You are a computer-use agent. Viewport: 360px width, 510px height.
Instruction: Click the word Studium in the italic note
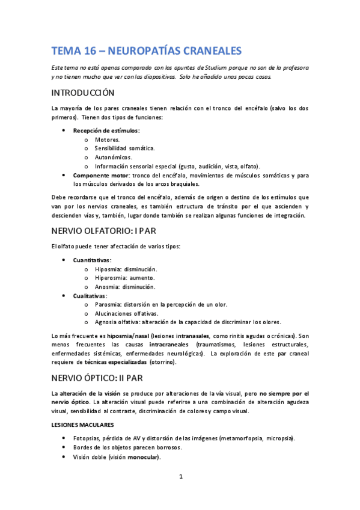tap(228, 67)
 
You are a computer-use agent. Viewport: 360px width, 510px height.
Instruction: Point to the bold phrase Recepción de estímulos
tap(106, 131)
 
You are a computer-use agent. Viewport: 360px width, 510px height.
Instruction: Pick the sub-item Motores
tap(107, 140)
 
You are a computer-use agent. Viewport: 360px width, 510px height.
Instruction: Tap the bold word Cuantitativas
tap(91, 260)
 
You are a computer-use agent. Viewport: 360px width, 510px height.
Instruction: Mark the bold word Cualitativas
tap(90, 296)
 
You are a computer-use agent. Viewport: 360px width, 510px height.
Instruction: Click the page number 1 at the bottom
tap(180, 477)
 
